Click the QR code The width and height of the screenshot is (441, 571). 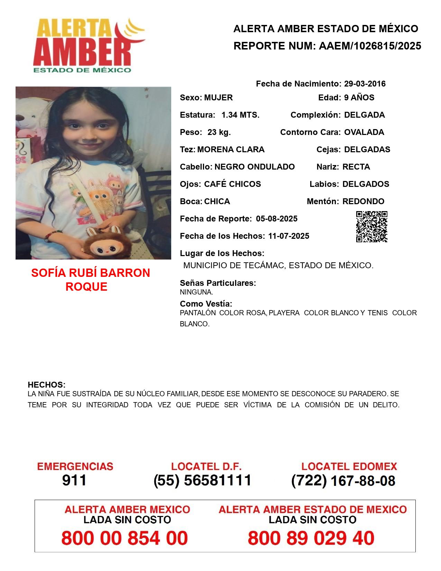tap(372, 227)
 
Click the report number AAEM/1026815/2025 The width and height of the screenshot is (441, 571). tap(370, 46)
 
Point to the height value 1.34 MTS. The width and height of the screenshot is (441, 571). tap(240, 115)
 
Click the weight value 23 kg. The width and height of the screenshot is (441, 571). tap(219, 132)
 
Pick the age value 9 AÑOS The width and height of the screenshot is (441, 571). tap(359, 98)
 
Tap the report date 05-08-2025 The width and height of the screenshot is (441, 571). tap(277, 219)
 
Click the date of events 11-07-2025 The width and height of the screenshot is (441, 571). tap(288, 236)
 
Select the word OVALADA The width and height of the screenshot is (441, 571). tap(364, 132)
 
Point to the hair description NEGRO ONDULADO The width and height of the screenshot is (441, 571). tap(255, 167)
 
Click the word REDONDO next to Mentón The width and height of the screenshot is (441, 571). tap(363, 201)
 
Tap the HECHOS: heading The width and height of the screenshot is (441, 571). tap(46, 385)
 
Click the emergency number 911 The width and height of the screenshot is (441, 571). tap(74, 480)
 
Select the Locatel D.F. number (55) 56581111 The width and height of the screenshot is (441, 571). tap(202, 480)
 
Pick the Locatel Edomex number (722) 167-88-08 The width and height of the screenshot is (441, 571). tap(343, 481)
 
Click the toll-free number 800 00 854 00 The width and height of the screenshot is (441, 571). tap(125, 538)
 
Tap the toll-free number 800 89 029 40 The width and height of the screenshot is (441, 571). tap(311, 538)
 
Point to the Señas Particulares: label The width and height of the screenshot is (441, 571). tap(218, 283)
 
